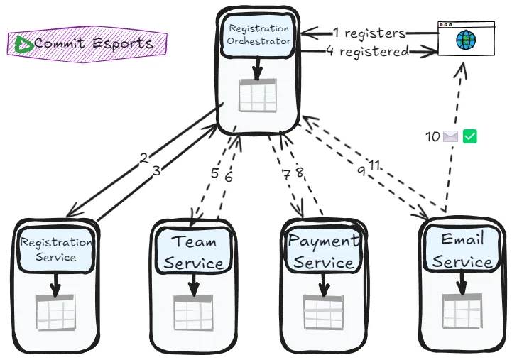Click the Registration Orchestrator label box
(x=258, y=35)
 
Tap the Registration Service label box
(x=56, y=249)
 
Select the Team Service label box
(x=194, y=252)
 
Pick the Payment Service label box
(x=323, y=251)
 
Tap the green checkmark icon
(x=469, y=136)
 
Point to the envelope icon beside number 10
(x=450, y=136)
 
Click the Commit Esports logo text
(x=93, y=43)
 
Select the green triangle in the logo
(x=23, y=45)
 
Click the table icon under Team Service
(x=193, y=312)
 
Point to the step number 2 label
(x=144, y=158)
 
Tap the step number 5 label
(x=214, y=173)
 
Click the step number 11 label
(x=374, y=165)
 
